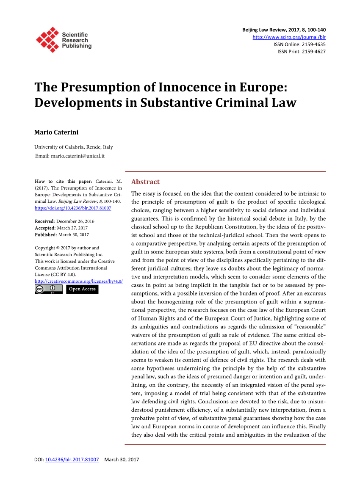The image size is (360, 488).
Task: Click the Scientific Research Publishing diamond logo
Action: click(47, 40)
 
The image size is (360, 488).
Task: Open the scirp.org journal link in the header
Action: click(289, 37)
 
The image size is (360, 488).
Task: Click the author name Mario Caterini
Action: click(56, 132)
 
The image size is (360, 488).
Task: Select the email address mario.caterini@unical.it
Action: click(78, 156)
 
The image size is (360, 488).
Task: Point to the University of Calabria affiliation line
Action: click(74, 147)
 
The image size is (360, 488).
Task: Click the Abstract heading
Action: click(145, 182)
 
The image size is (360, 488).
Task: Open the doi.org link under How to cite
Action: click(73, 208)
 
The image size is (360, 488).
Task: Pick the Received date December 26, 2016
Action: click(75, 221)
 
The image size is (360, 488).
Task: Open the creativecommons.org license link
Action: click(78, 281)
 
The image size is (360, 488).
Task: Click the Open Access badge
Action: click(82, 289)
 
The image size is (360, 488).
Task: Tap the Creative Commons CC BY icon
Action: click(48, 289)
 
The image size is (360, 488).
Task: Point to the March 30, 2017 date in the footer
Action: click(122, 459)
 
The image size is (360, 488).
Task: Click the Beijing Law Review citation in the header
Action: click(284, 30)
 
